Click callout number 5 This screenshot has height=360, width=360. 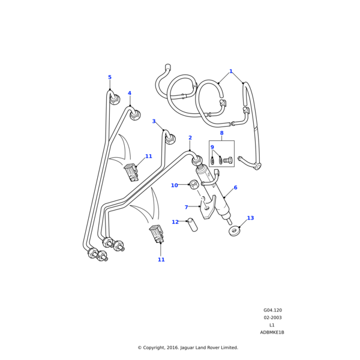coord(110,77)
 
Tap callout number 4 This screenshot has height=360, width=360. coord(129,94)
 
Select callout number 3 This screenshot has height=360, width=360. coord(154,122)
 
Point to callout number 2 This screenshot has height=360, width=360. coord(190,138)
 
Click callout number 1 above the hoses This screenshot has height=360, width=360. coord(231,71)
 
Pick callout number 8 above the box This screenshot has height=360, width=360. coord(221,133)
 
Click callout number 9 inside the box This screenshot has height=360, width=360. coord(212,147)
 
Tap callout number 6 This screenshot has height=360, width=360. coord(235,188)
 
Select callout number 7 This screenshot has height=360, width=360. coord(186,208)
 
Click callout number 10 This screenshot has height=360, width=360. coord(174,185)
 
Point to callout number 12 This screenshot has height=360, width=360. coord(175,222)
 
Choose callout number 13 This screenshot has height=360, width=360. coord(250,218)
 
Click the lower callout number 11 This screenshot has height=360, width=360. coord(161,260)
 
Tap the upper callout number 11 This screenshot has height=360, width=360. coord(148,157)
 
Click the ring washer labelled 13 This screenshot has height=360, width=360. coord(234,231)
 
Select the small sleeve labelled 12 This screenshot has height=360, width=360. coord(192,225)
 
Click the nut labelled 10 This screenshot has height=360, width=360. coord(194,184)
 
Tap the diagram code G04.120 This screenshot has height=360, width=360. coord(272,310)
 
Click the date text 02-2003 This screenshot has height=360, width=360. coord(272,317)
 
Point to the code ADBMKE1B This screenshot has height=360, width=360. coord(272,332)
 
